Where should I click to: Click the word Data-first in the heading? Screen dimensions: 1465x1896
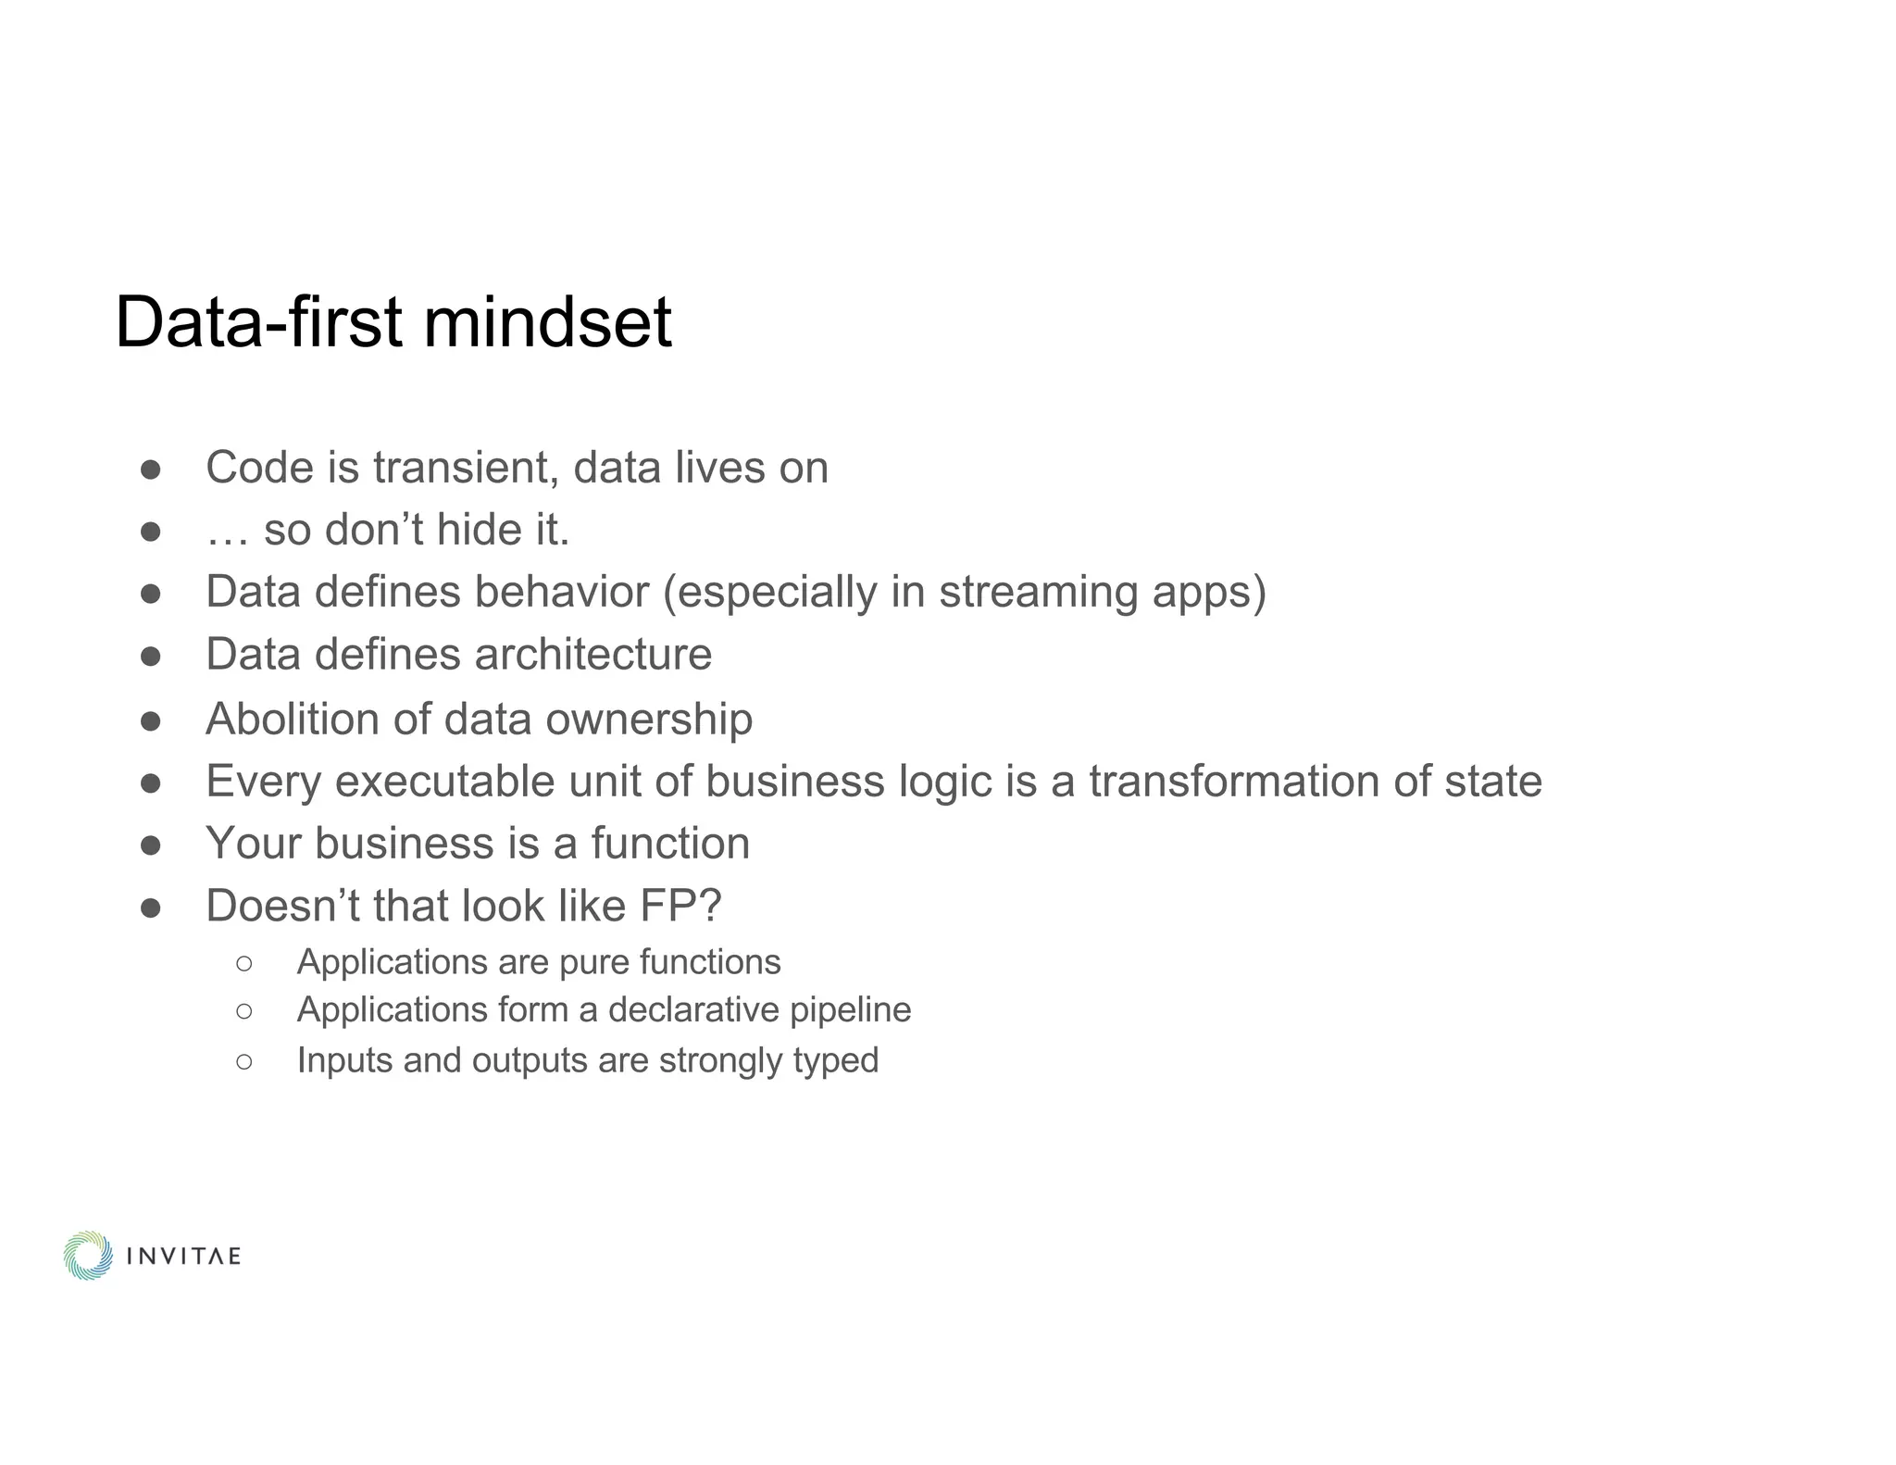click(258, 322)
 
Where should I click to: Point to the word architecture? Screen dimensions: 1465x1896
click(593, 655)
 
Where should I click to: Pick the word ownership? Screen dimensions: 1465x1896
click(648, 720)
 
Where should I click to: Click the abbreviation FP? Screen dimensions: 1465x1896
click(680, 906)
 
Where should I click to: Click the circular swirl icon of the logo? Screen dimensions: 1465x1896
click(88, 1256)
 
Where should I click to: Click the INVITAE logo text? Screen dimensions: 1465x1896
click(183, 1257)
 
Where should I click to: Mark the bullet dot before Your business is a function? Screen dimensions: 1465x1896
click(151, 845)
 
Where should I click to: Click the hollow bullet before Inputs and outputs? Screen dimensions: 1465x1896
click(243, 1061)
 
